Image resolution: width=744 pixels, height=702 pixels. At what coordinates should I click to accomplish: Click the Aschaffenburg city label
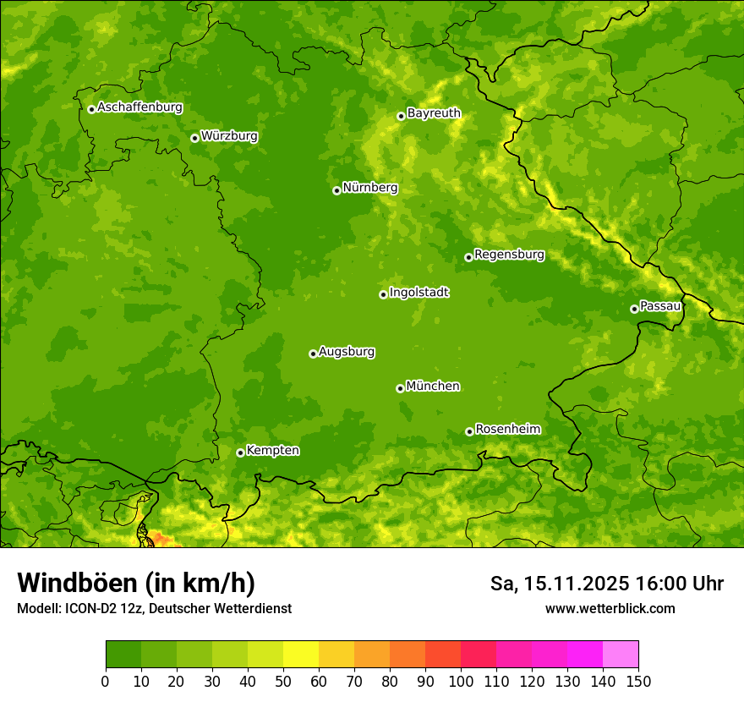tap(139, 107)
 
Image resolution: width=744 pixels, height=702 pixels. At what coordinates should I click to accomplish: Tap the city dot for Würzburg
tap(194, 138)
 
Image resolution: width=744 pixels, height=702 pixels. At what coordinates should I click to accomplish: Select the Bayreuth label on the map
tap(434, 113)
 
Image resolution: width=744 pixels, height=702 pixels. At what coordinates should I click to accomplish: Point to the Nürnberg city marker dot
tap(336, 190)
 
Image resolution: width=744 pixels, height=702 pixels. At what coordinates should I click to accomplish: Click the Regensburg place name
tap(509, 255)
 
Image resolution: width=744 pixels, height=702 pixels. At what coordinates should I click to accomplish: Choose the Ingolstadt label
tap(418, 293)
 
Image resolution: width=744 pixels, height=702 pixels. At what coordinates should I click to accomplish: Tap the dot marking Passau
tap(634, 309)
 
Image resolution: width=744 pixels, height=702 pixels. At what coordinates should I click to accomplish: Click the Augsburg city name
tap(347, 352)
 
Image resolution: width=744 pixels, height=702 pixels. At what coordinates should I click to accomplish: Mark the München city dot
tap(400, 388)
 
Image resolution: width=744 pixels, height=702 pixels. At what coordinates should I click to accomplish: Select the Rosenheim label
tap(507, 430)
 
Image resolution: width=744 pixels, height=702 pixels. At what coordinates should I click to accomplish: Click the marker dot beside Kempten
tap(240, 452)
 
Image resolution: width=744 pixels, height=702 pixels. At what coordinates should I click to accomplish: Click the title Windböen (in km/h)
tap(135, 584)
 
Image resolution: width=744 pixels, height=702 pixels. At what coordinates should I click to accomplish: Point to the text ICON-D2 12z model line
tap(154, 609)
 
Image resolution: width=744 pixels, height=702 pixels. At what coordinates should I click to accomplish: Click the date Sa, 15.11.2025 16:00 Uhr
tap(607, 584)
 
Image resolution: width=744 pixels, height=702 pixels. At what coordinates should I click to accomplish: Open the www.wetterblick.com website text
tap(610, 609)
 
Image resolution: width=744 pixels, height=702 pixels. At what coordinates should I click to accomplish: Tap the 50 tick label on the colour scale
tap(283, 682)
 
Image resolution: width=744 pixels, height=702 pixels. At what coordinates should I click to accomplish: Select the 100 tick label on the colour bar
tap(461, 682)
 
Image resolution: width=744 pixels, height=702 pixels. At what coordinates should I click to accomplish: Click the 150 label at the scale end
tap(638, 682)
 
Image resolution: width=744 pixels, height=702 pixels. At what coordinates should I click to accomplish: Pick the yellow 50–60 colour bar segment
tap(301, 655)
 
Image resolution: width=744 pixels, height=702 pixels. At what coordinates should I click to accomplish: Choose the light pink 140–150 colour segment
tap(621, 655)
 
